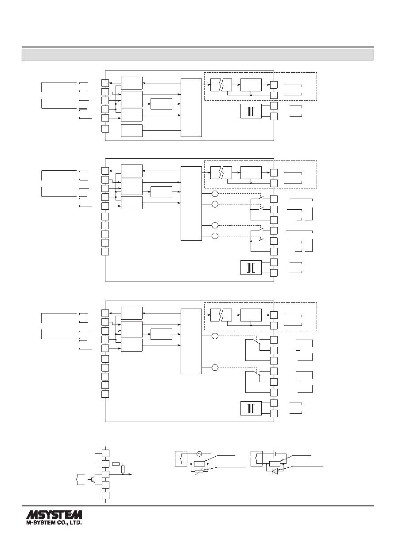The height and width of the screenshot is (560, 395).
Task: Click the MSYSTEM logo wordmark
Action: click(54, 515)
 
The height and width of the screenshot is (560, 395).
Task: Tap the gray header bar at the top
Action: click(197, 55)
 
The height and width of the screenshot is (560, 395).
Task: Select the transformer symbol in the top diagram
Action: click(251, 111)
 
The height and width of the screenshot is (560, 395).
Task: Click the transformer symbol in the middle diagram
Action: click(251, 268)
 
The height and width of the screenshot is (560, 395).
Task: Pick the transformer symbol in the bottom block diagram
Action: click(251, 408)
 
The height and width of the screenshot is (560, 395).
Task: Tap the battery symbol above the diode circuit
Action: click(275, 453)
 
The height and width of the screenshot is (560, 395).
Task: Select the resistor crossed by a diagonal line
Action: click(199, 471)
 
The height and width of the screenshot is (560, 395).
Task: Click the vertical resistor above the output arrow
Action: click(123, 469)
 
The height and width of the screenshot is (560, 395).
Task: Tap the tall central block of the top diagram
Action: click(191, 108)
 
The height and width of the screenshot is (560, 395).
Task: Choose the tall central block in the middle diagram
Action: click(191, 204)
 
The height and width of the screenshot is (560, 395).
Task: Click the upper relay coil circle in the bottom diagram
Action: click(215, 336)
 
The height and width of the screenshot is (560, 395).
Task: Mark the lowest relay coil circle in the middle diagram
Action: click(215, 236)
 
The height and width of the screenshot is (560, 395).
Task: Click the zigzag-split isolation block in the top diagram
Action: click(221, 85)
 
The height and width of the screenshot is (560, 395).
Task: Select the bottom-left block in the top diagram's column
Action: click(132, 130)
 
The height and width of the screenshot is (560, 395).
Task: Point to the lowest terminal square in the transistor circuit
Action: click(106, 495)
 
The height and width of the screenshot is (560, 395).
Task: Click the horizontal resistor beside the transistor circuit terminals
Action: click(116, 464)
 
